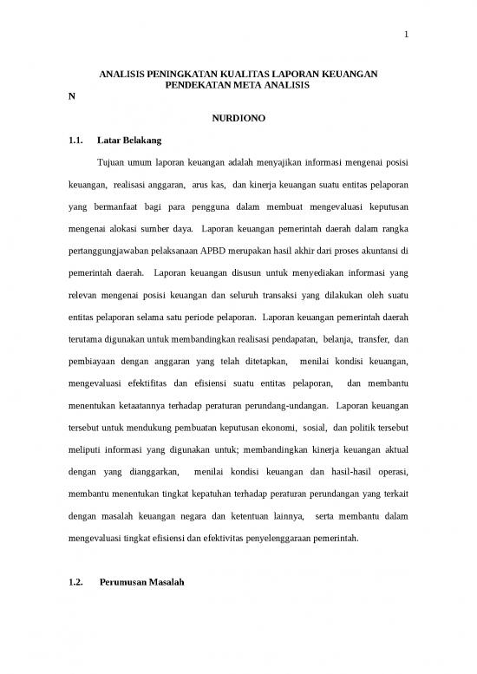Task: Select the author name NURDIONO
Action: coord(237,117)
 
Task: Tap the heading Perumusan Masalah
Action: coord(141,583)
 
